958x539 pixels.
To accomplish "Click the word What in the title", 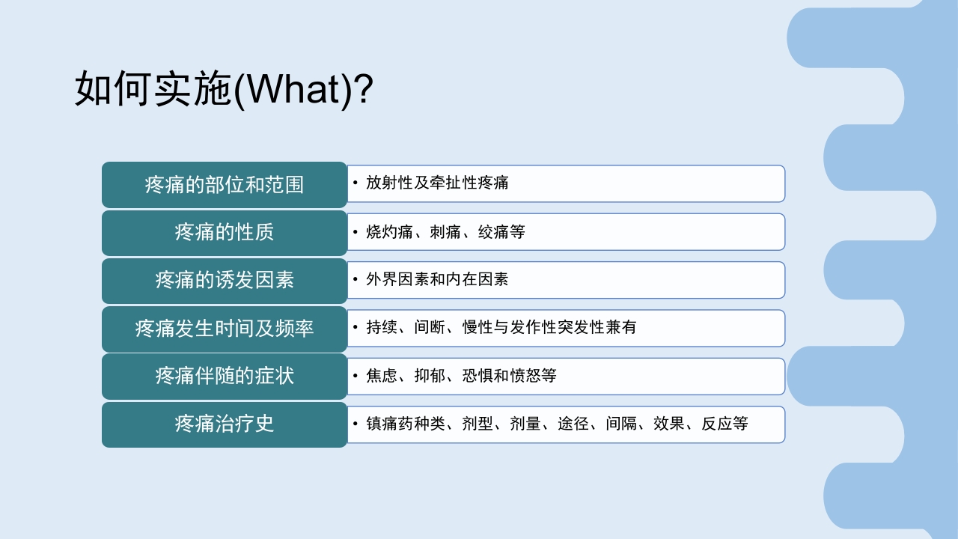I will pyautogui.click(x=293, y=90).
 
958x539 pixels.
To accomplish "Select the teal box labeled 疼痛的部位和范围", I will pyautogui.click(x=225, y=184).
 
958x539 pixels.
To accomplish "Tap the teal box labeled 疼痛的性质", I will pyautogui.click(x=225, y=232).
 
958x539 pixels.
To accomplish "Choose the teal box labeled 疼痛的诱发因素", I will pyautogui.click(x=225, y=280).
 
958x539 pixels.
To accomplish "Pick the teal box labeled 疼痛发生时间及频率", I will pyautogui.click(x=225, y=328).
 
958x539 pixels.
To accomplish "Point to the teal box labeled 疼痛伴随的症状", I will pyautogui.click(x=225, y=376).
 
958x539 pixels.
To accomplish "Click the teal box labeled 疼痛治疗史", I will pyautogui.click(x=225, y=424).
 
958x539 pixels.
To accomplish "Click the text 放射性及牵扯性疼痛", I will pyautogui.click(x=437, y=183).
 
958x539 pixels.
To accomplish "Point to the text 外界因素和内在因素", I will pyautogui.click(x=437, y=280).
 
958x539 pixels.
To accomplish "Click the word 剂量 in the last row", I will pyautogui.click(x=525, y=424).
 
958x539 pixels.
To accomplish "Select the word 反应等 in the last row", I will pyautogui.click(x=724, y=424).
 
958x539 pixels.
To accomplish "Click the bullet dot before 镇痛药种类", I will pyautogui.click(x=356, y=424).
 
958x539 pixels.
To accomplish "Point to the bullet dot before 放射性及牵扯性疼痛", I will pyautogui.click(x=356, y=183).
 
